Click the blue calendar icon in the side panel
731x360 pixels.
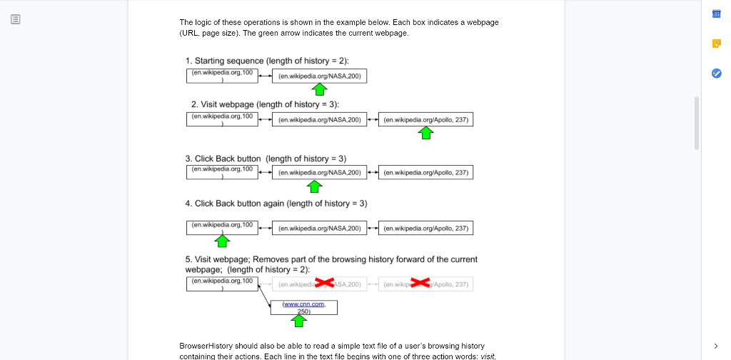[x=717, y=15]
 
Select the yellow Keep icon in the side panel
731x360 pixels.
[x=717, y=44]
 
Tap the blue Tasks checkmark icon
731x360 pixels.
[x=717, y=73]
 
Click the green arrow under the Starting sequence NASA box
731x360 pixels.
[x=321, y=89]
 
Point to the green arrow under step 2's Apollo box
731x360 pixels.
[x=426, y=133]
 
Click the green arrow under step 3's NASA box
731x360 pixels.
[x=314, y=186]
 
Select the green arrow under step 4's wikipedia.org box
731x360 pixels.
[x=222, y=241]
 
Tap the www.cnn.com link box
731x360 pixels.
[x=303, y=307]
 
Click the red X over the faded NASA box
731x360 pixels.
[x=325, y=284]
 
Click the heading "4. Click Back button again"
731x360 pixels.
[x=276, y=204]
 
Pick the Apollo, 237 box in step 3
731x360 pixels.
[x=425, y=172]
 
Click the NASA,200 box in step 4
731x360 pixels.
[x=320, y=228]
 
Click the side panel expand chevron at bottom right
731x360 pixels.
[x=716, y=346]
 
